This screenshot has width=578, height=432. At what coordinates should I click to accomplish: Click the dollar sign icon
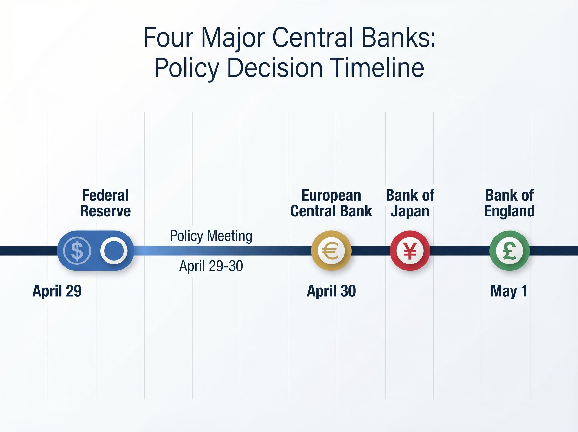(x=77, y=250)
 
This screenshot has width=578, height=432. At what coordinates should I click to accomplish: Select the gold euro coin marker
(x=331, y=250)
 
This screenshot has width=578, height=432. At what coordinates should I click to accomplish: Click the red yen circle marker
(x=410, y=250)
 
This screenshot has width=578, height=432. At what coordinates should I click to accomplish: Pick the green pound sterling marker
(x=509, y=250)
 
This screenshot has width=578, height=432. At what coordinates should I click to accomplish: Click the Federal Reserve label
(x=105, y=203)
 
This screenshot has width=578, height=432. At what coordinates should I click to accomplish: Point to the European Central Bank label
(x=331, y=203)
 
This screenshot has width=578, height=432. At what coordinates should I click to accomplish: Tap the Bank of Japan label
(x=410, y=203)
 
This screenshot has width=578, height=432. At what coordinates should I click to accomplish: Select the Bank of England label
(x=509, y=203)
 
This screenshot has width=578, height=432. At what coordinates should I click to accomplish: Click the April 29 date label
(x=57, y=291)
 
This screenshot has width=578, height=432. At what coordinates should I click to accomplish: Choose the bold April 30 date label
(x=331, y=291)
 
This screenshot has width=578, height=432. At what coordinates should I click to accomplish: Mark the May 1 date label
(x=509, y=291)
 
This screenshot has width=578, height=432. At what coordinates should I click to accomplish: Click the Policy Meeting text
(x=211, y=236)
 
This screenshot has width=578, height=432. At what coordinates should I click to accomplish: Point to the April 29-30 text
(x=211, y=266)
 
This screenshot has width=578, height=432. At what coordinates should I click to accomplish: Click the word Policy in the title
(x=186, y=68)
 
